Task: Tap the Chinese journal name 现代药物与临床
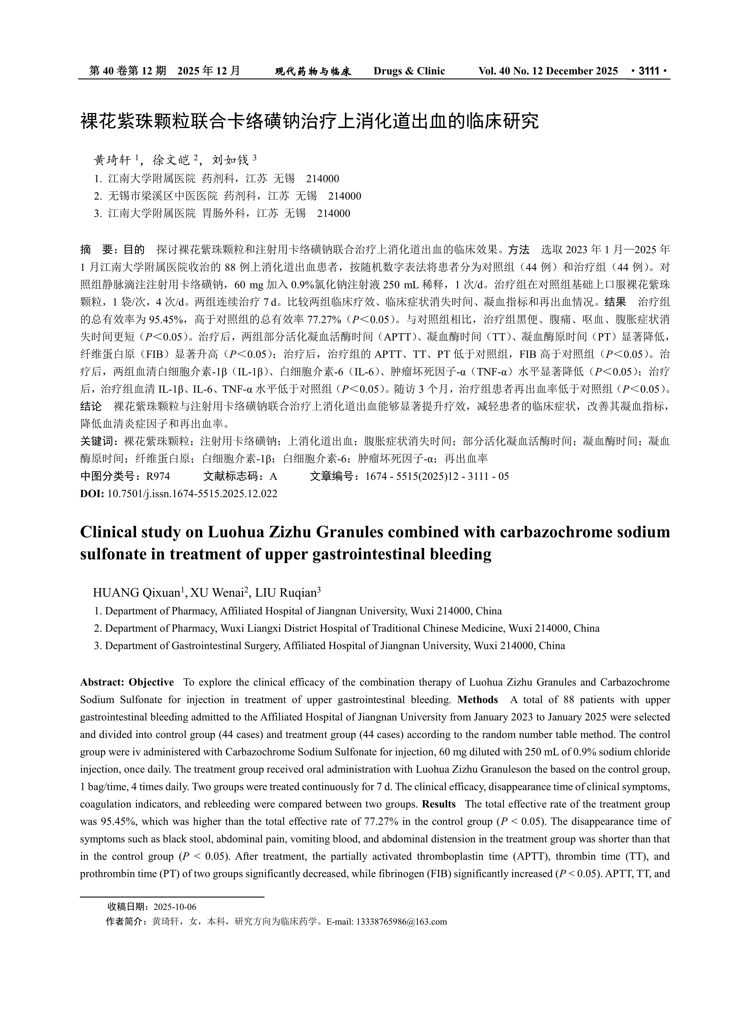click(313, 71)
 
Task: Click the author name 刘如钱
click(230, 160)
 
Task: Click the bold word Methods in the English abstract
click(478, 700)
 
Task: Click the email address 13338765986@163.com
click(402, 922)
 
